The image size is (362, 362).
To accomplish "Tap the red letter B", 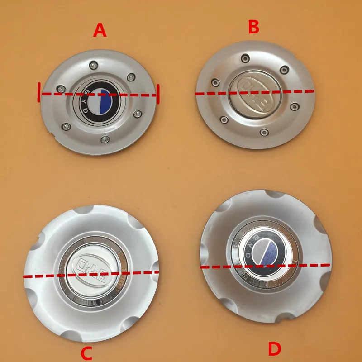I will coord(253,27).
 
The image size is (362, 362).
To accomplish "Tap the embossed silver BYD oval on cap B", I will coord(254,93).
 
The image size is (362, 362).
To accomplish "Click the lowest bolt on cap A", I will coord(105,138).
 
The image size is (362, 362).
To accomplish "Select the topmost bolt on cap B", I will coord(245,57).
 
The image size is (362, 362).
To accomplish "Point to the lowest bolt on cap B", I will coord(263,132).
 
